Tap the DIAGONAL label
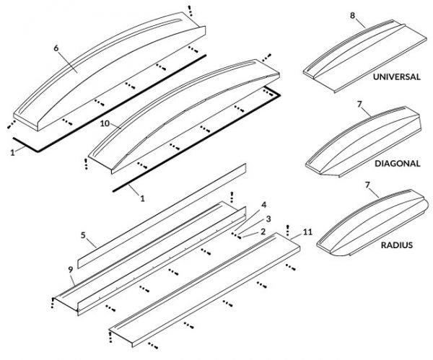click(x=397, y=163)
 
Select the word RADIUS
click(x=396, y=245)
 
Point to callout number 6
click(x=55, y=48)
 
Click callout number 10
click(x=105, y=124)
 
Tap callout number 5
click(x=83, y=235)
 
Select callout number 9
click(x=70, y=270)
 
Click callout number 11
click(x=308, y=232)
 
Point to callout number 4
click(x=264, y=205)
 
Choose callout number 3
click(x=268, y=218)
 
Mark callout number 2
click(x=264, y=232)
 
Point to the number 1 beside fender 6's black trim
click(x=12, y=152)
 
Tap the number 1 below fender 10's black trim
click(x=142, y=198)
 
